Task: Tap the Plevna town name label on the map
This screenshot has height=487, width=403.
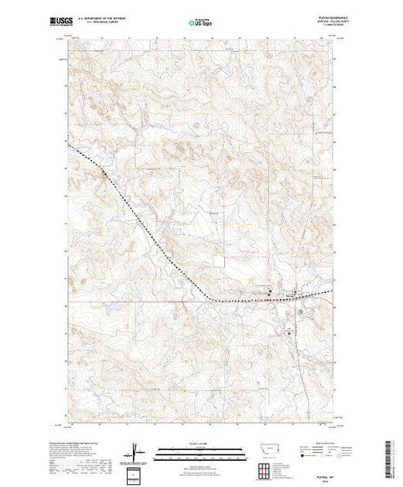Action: point(289,293)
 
